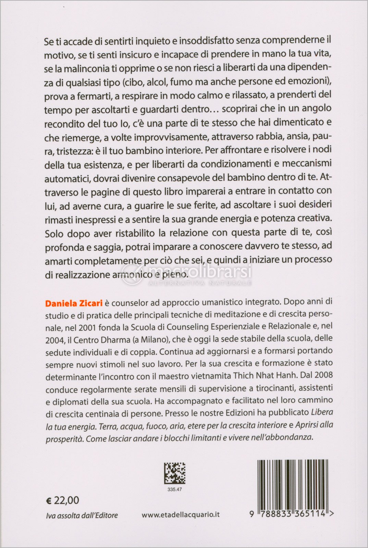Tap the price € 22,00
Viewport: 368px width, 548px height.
tap(62, 500)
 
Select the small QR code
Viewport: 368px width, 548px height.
tap(174, 473)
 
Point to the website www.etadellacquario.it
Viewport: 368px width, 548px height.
tap(181, 514)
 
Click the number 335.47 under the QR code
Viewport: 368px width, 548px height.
tap(175, 489)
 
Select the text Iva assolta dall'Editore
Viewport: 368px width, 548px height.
tap(82, 515)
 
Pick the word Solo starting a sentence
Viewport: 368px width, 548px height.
tap(55, 234)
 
